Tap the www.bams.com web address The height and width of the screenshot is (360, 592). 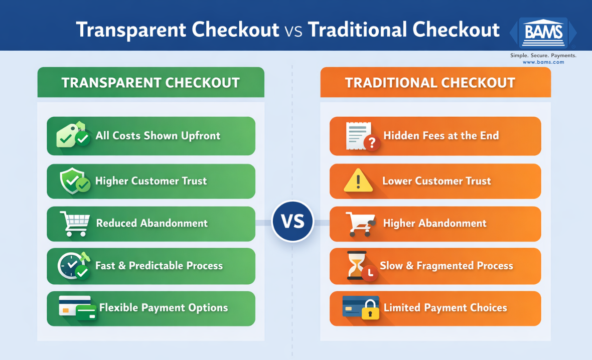coord(543,62)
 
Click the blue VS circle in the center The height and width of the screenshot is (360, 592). coord(292,221)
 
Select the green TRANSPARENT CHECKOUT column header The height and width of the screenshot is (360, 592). coord(151,83)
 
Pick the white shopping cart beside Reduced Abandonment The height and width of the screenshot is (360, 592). coord(74,223)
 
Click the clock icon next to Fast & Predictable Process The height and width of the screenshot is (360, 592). coord(73,265)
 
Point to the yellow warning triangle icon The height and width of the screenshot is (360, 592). coord(358,182)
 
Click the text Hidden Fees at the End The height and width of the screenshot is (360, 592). coord(441,135)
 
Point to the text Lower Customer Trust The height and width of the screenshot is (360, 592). coord(436,181)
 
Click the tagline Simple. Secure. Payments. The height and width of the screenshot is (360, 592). coord(543,55)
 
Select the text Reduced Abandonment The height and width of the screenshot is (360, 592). coord(152,223)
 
